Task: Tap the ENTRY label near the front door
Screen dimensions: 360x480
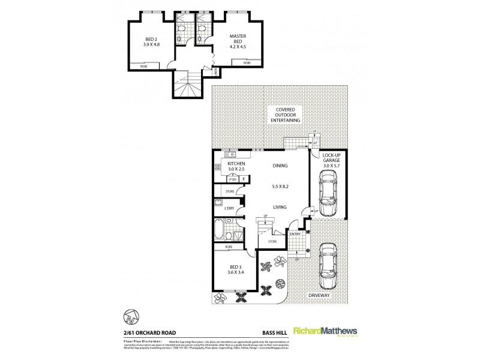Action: pos(295,234)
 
